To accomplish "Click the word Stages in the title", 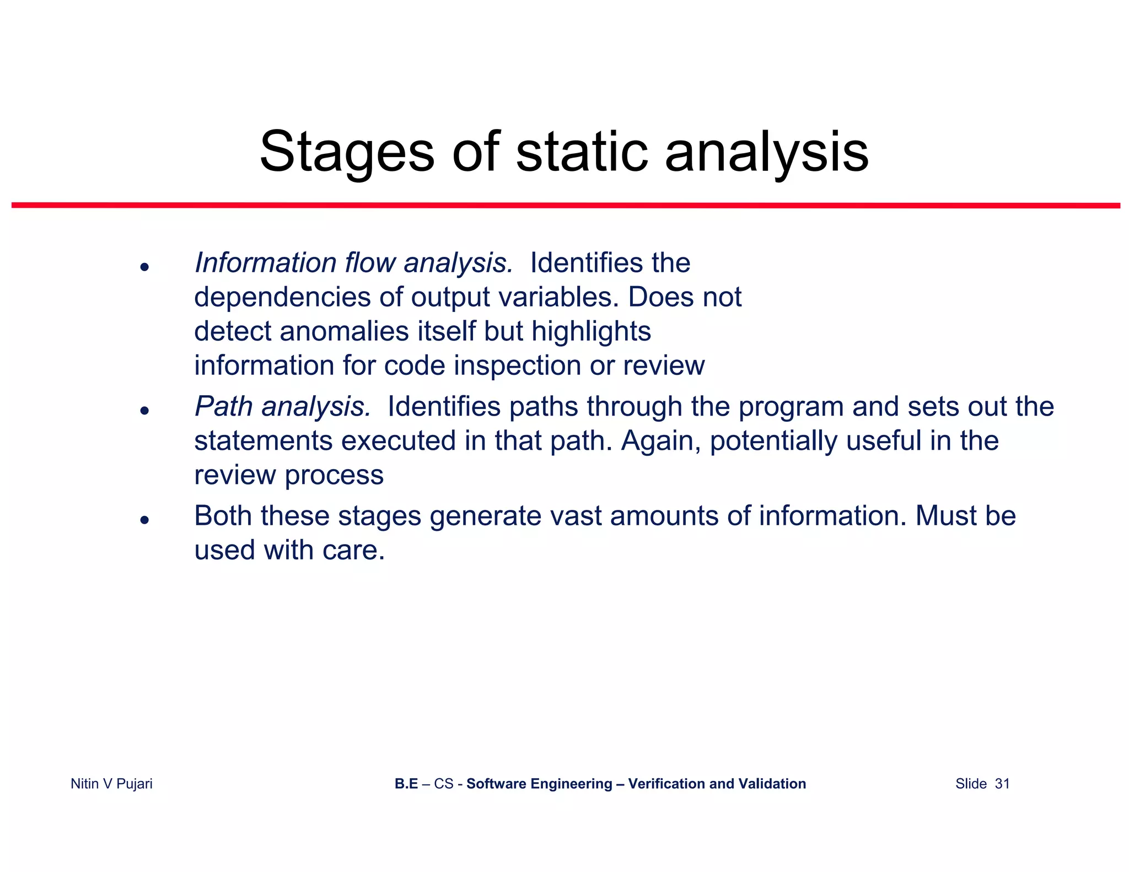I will point(347,152).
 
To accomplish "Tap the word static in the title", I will point(581,152).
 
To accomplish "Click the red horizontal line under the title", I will point(566,205).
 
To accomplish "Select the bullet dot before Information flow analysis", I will point(144,267).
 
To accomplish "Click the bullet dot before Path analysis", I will point(144,411).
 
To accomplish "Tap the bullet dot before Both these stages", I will point(144,520).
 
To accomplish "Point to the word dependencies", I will point(282,297).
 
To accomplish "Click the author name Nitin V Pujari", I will point(111,783).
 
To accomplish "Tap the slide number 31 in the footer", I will point(1002,783).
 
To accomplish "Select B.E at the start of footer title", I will point(406,783).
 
